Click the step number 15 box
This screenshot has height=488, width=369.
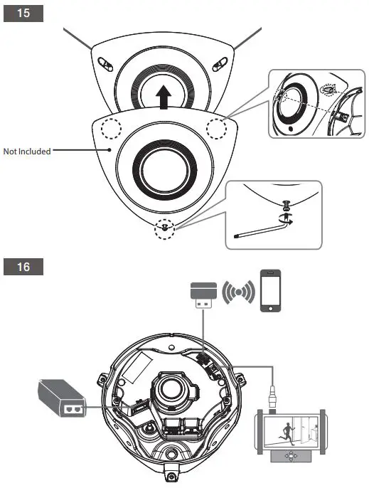coord(23,14)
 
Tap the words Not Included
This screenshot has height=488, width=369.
coord(27,152)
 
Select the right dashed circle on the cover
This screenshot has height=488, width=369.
coord(216,127)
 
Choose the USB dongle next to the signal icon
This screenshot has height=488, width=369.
coord(203,294)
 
